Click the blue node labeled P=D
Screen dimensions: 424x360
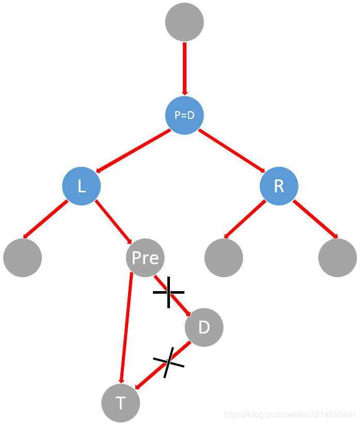pos(184,115)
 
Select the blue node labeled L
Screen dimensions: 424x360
pos(82,186)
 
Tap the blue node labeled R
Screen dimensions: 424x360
pos(279,186)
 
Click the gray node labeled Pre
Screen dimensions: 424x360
pos(145,258)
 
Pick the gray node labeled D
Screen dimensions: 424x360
pos(204,327)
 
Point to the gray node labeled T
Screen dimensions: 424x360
pos(121,403)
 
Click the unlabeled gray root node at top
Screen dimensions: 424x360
pos(184,22)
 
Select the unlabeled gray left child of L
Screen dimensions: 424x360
pos(22,258)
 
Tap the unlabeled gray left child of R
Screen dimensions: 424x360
pos(224,258)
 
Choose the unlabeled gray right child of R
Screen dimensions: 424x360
pos(337,258)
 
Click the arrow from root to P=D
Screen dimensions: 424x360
pos(184,67)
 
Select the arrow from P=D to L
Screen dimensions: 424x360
pos(133,150)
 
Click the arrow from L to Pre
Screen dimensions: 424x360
pos(113,221)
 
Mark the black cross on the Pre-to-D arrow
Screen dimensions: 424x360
pos(168,292)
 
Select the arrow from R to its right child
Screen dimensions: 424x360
pos(315,219)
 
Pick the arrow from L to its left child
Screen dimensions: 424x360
pos(45,219)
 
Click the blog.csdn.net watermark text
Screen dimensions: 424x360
pos(290,415)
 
